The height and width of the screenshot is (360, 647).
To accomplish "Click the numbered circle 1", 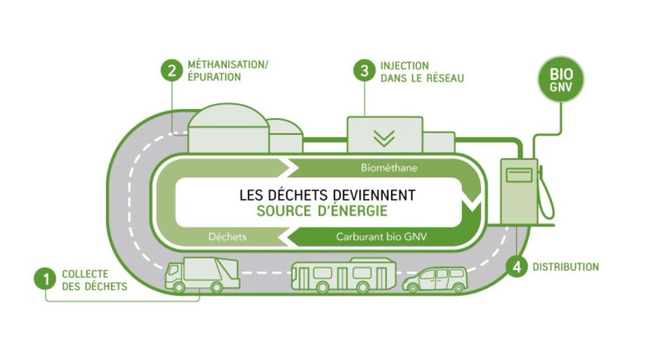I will (x=46, y=280).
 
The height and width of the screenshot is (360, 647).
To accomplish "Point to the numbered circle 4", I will (x=517, y=268).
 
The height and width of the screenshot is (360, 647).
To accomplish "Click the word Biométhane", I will (x=389, y=168).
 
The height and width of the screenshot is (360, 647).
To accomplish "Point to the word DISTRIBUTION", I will (x=566, y=267).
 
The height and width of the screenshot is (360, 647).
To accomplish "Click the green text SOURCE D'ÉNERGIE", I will (x=322, y=210).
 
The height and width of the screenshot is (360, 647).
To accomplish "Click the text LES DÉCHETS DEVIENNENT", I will (x=327, y=195).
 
